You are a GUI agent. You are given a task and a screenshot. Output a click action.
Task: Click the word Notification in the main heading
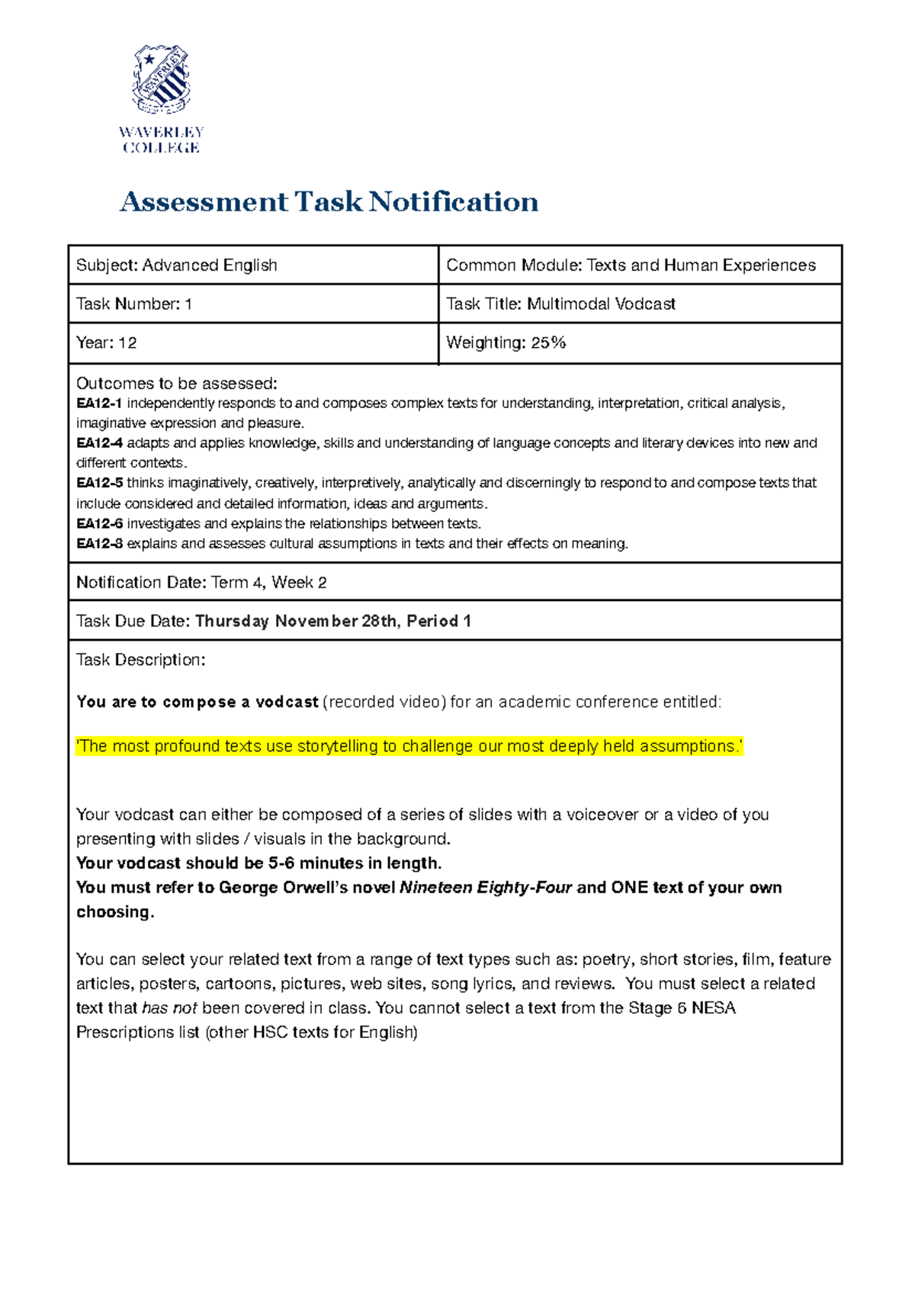click(454, 202)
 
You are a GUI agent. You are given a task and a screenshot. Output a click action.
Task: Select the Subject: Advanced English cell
click(177, 265)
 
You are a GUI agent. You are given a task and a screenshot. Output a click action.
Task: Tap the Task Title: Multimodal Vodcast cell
click(560, 304)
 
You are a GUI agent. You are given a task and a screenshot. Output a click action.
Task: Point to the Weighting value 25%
click(548, 343)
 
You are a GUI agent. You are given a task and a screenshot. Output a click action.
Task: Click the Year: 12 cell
click(107, 343)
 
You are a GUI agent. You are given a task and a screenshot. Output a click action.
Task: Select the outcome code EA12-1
click(99, 403)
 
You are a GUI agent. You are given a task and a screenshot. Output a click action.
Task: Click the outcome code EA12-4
click(99, 443)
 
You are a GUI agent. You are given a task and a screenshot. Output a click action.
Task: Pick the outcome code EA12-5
click(99, 483)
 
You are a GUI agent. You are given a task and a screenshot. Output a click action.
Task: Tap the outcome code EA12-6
click(99, 524)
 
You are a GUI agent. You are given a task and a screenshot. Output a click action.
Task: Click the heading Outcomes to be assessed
click(176, 384)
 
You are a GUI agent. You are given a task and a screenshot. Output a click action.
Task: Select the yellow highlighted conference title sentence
click(409, 747)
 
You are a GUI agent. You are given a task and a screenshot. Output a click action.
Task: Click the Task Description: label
click(140, 660)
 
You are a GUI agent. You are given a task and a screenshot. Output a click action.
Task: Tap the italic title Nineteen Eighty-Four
click(486, 888)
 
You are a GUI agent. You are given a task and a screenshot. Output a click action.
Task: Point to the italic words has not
click(169, 1008)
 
